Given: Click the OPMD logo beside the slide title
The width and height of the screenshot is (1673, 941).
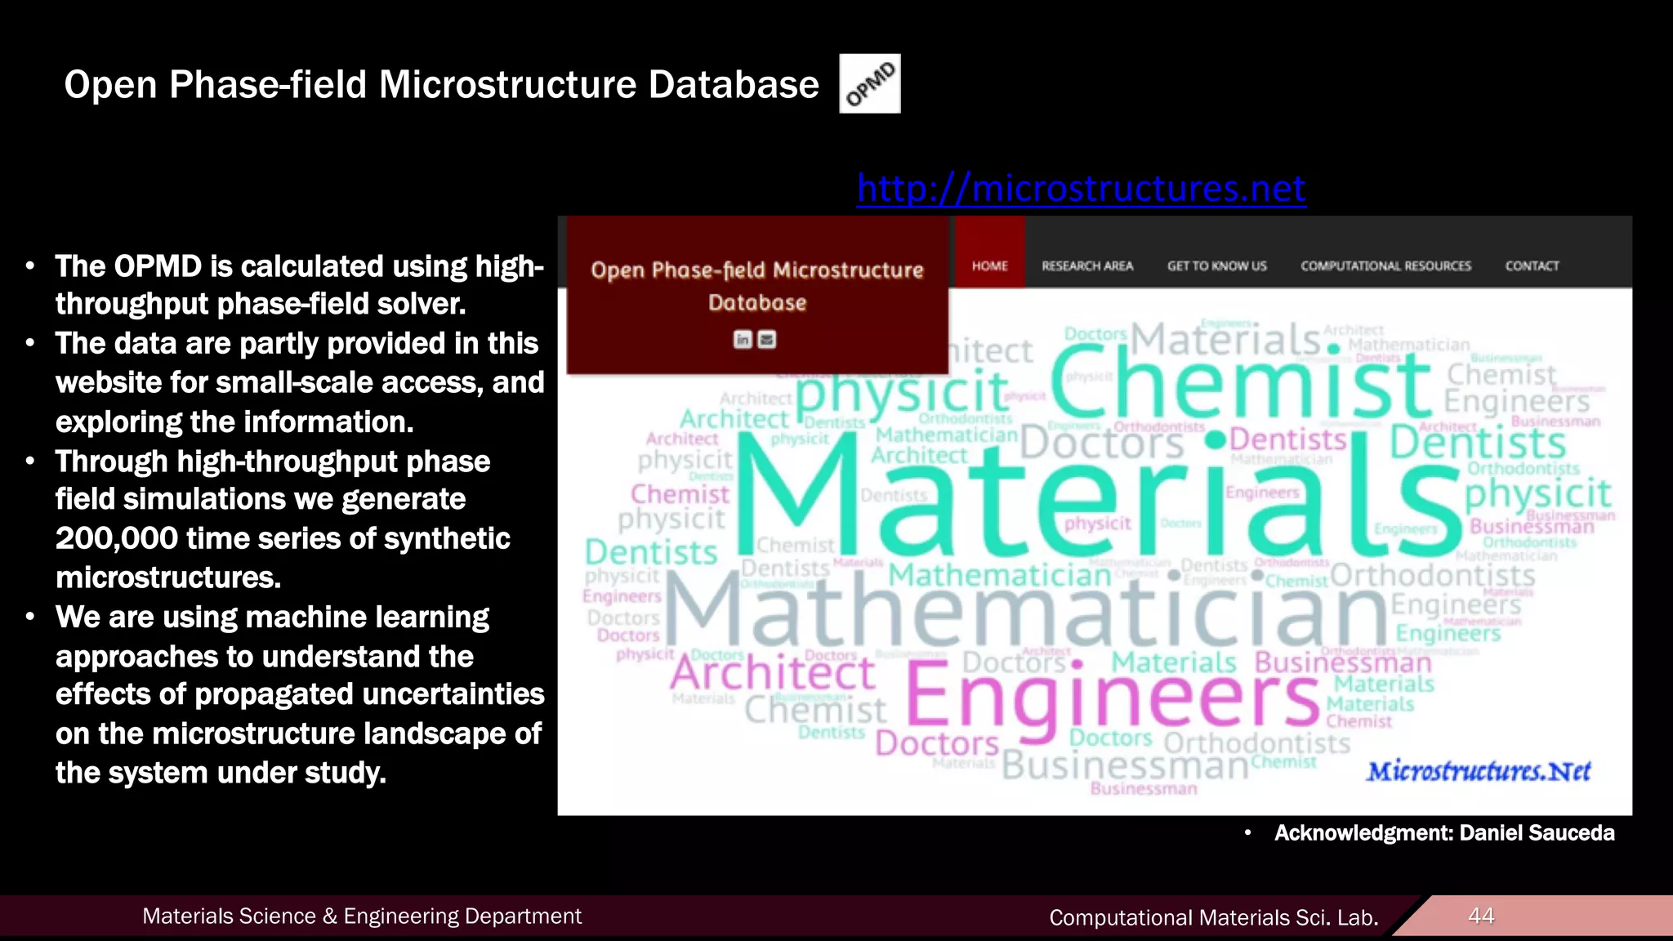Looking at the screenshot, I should click(870, 83).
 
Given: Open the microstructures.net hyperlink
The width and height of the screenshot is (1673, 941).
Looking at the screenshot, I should click(1081, 188).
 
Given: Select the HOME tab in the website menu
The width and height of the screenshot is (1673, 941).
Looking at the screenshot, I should click(989, 265).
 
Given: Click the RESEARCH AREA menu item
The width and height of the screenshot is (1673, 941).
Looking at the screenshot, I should click(1087, 265).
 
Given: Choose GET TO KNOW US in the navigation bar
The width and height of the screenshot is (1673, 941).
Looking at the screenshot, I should click(1216, 265).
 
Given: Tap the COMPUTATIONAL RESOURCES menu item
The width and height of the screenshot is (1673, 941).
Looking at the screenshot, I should click(1385, 265).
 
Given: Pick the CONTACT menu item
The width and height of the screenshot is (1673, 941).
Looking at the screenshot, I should click(1532, 265).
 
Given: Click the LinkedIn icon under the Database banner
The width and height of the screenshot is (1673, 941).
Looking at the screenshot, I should click(743, 339).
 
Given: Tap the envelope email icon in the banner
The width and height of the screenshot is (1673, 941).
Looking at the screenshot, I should click(767, 339).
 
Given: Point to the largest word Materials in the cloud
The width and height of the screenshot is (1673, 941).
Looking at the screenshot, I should click(1095, 498).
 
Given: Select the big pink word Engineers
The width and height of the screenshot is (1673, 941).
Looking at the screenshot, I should click(1111, 694).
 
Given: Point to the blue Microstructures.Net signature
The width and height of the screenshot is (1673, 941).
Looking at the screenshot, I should click(1479, 771).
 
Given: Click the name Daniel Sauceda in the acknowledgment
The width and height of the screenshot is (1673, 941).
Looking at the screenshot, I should click(1537, 833).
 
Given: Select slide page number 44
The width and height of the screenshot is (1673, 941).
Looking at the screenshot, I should click(1481, 916).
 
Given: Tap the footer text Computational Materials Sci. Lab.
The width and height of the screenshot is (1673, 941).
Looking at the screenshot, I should click(1213, 917).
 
